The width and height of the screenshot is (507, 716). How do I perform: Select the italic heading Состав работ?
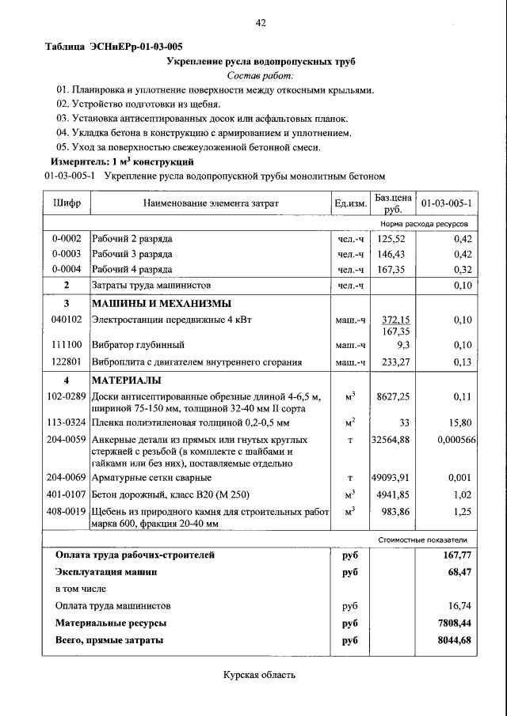pos(260,76)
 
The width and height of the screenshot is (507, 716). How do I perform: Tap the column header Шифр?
pos(67,203)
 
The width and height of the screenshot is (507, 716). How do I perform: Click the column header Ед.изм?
pos(350,203)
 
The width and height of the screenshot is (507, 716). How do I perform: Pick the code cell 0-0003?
pos(67,254)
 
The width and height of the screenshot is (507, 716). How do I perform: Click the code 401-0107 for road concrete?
pos(67,495)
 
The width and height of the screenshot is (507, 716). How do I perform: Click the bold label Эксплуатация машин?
pos(105,571)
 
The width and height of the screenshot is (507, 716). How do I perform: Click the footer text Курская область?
pos(259,675)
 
